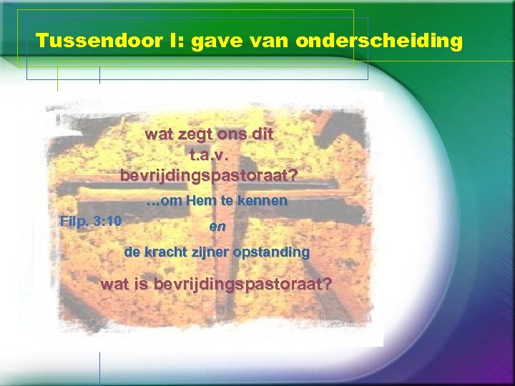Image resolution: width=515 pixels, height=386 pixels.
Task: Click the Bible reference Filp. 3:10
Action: pos(90,221)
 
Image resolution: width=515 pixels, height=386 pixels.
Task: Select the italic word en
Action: pos(217,226)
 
